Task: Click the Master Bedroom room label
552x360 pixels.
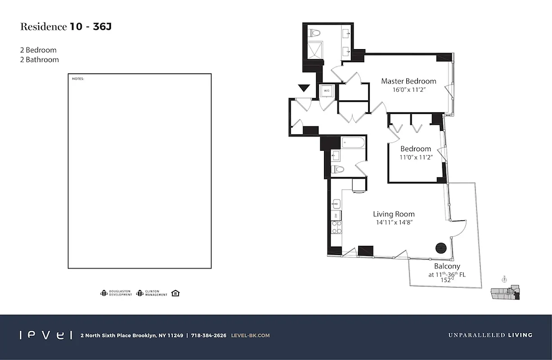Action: point(408,81)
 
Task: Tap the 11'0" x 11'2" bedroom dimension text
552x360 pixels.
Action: point(416,157)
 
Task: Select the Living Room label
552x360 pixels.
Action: point(394,214)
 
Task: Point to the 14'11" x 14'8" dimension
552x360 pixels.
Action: point(394,222)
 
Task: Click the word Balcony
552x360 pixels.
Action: point(447,266)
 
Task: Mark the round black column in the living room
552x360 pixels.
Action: point(441,248)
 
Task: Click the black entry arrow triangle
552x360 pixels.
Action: point(304,88)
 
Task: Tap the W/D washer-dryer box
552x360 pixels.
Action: point(327,91)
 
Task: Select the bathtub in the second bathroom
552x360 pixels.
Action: point(353,143)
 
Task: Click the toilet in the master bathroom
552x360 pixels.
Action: point(314,32)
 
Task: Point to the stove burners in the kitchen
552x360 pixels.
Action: point(336,227)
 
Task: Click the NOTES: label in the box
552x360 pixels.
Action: point(78,79)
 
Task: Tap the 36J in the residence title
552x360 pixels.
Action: point(102,27)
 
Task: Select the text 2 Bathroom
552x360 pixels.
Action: point(40,59)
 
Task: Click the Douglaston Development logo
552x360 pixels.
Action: point(116,293)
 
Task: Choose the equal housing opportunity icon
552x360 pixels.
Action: point(175,293)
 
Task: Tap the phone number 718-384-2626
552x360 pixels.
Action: point(208,335)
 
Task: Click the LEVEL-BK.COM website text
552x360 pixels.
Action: point(250,335)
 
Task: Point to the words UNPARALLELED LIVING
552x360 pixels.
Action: point(490,335)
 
